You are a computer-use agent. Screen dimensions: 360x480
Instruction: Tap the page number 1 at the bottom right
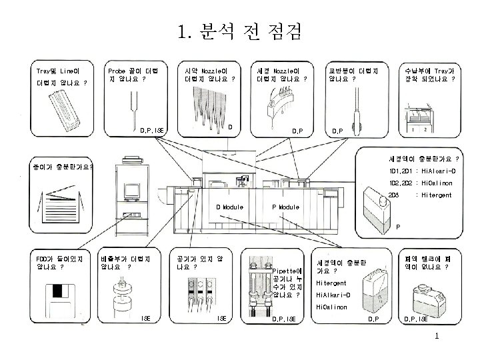coord(436,336)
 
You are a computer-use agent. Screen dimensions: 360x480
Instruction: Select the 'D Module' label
coord(230,207)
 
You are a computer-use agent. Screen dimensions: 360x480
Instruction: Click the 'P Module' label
coord(286,207)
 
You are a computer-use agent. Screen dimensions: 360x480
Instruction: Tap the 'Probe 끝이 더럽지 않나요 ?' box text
coord(133,75)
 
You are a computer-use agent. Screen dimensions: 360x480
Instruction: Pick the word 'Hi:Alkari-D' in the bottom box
coord(333,295)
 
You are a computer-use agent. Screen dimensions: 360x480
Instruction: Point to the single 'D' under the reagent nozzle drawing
coord(229,126)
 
